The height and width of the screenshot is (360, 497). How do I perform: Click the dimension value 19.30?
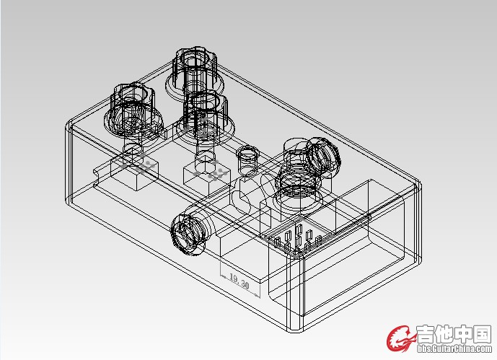239,281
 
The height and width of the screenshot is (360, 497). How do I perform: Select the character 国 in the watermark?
482,334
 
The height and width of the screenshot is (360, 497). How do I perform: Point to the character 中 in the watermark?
463,334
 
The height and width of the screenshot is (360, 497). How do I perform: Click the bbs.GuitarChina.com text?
454,348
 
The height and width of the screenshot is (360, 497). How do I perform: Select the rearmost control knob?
195,74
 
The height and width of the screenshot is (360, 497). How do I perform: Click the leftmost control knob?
133,110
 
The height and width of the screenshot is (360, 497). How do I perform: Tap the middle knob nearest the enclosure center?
206,118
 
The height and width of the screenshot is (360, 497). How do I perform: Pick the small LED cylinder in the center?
248,159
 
